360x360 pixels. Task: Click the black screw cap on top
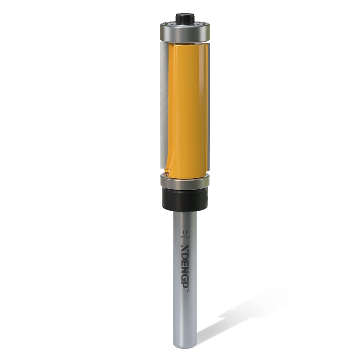point(185,18)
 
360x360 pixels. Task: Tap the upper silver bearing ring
point(185,32)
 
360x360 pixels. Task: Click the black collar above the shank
point(185,198)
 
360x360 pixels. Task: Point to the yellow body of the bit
point(187,108)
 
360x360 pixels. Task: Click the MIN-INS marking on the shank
point(185,237)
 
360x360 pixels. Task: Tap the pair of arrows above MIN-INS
point(185,232)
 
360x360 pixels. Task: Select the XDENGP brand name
point(185,266)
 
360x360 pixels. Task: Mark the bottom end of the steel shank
point(185,346)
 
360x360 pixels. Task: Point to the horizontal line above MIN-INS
point(185,235)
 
